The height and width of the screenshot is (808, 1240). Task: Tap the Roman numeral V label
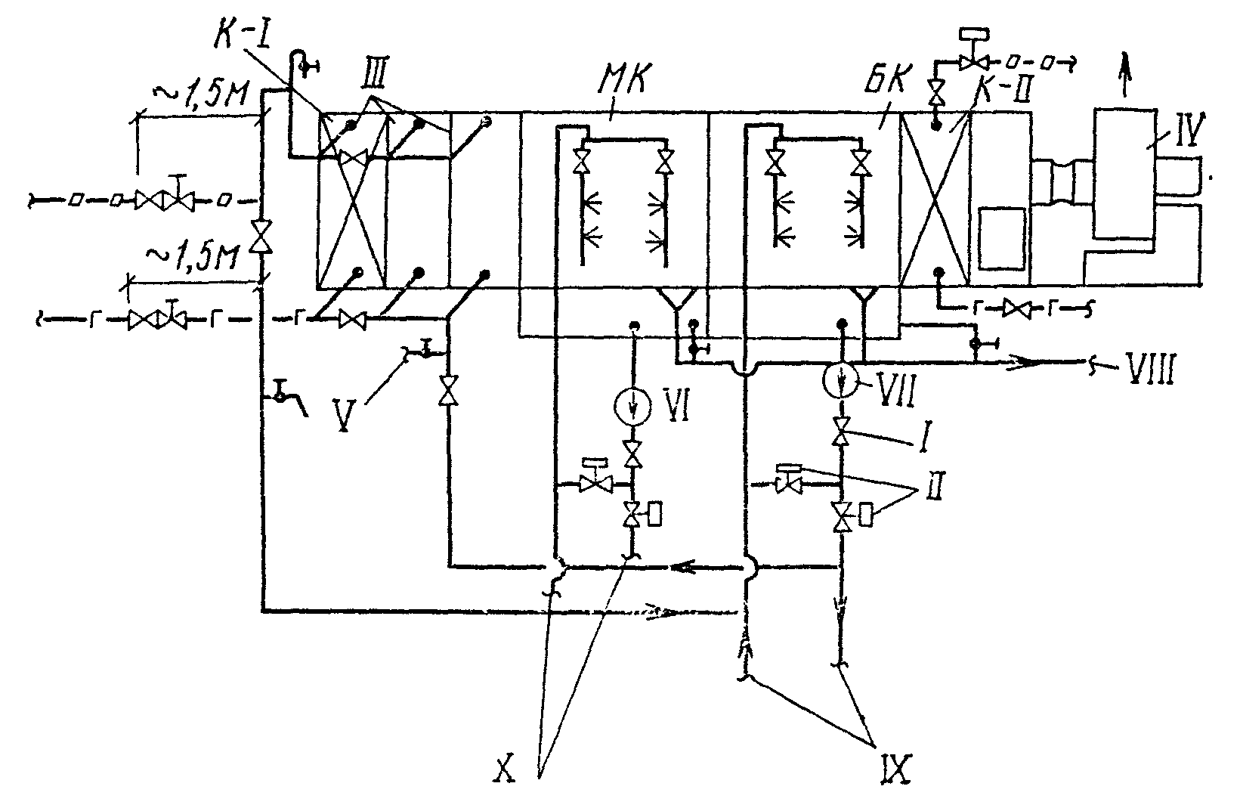[x=344, y=415]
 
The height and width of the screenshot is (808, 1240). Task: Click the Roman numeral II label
[x=935, y=485]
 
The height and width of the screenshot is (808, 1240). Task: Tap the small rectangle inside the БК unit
[x=1001, y=238]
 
